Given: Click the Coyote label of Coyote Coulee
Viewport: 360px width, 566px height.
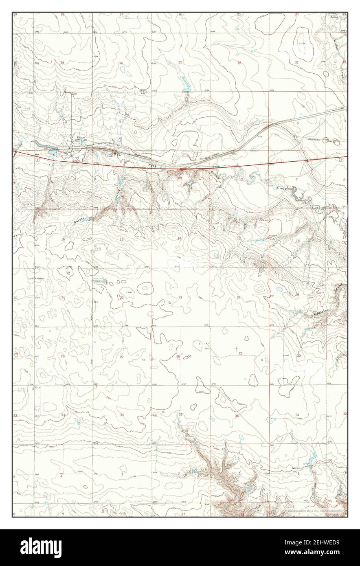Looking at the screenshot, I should (x=79, y=219).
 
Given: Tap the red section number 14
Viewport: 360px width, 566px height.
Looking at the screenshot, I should (x=179, y=238).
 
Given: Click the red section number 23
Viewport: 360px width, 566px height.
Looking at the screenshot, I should (x=180, y=298).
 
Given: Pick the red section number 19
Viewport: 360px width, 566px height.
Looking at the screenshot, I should (x=297, y=295).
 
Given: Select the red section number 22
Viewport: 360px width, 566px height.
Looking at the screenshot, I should (x=121, y=298).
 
